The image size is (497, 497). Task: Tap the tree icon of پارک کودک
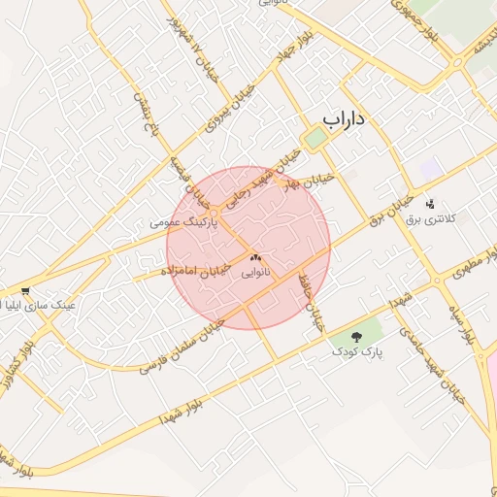click(x=355, y=335)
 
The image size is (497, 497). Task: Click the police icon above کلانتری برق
click(x=430, y=203)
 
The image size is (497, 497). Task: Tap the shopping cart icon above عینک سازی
click(x=24, y=289)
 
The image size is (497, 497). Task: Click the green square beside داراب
click(x=315, y=139)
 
